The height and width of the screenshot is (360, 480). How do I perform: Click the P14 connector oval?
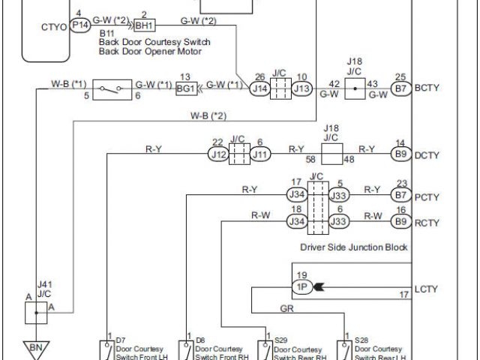coord(80,25)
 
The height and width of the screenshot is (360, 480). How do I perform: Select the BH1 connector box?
coord(144,25)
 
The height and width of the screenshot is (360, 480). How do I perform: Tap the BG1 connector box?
coord(186,88)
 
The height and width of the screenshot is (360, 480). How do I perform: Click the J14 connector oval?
coord(260,88)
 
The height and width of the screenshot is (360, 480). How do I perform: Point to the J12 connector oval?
coord(217,154)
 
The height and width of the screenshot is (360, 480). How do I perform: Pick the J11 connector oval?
coord(259,154)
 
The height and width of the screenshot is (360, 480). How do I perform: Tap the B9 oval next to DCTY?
coord(401,154)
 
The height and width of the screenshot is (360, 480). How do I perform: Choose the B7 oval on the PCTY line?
coord(401,195)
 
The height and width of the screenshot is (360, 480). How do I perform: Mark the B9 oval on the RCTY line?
coord(401,221)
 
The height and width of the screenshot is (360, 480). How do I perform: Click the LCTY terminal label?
coord(426,288)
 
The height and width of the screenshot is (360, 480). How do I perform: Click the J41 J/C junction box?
coord(35,312)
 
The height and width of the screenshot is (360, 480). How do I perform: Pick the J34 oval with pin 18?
coord(298,221)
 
